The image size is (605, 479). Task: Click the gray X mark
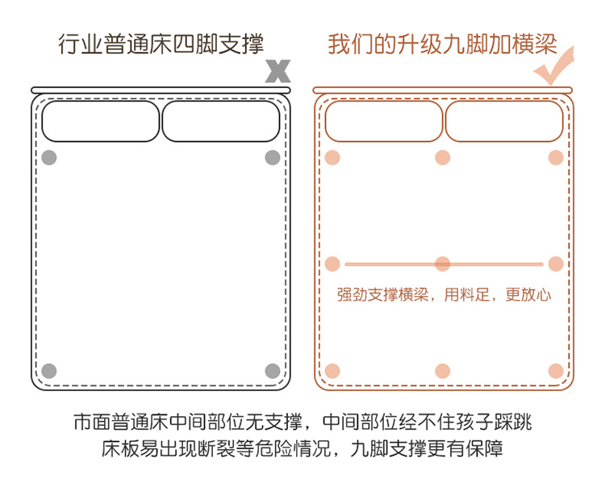[x=277, y=71]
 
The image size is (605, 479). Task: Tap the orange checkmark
[x=554, y=68]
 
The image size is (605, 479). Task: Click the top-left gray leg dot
[x=49, y=157]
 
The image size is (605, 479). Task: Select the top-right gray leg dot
[x=273, y=157]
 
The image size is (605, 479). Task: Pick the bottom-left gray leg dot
[x=49, y=371]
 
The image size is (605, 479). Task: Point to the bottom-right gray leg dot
[x=273, y=371]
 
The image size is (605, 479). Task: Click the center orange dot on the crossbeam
[x=442, y=264]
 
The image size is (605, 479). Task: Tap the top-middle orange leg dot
[x=442, y=157]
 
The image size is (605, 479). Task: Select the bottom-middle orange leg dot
[x=442, y=371]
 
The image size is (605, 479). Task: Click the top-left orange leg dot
[x=332, y=157]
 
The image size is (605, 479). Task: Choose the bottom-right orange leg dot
[x=555, y=371]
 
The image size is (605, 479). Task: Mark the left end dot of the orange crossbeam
[x=332, y=264]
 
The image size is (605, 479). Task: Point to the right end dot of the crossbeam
[x=555, y=264]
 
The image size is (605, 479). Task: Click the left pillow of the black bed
[x=101, y=121]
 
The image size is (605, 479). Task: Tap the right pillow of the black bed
[x=221, y=121]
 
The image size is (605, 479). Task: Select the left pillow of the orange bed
[x=383, y=121]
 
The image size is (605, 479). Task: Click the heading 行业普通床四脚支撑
[x=161, y=44]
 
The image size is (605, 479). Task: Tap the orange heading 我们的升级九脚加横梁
[x=442, y=44]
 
